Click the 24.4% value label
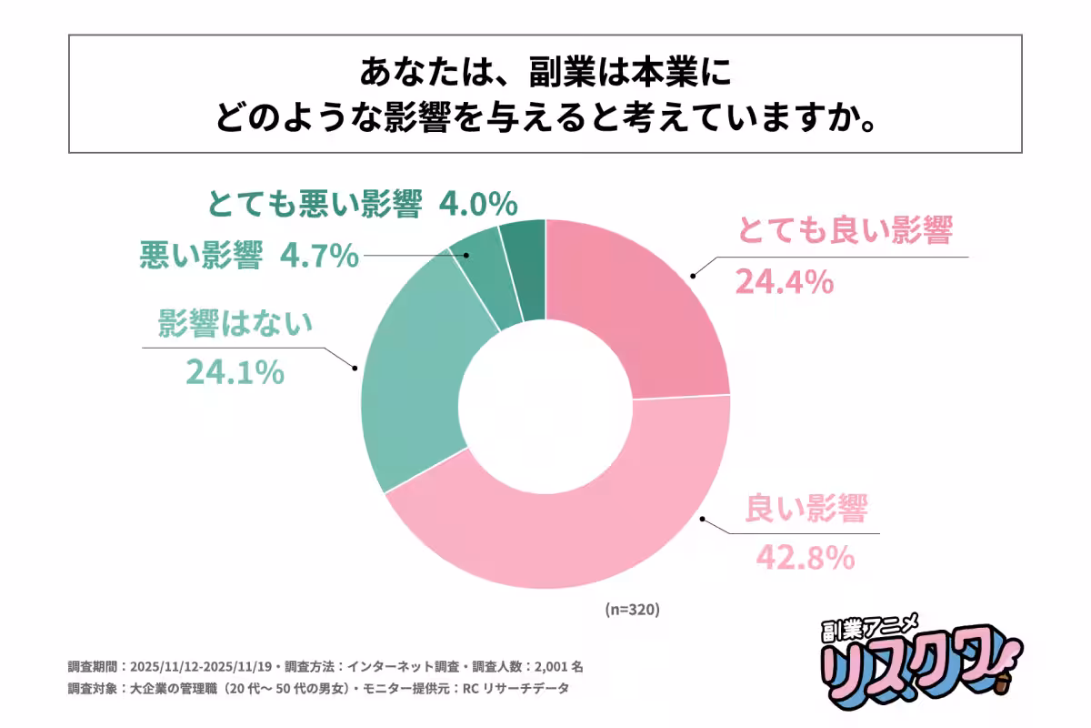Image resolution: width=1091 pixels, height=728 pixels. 784,282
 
